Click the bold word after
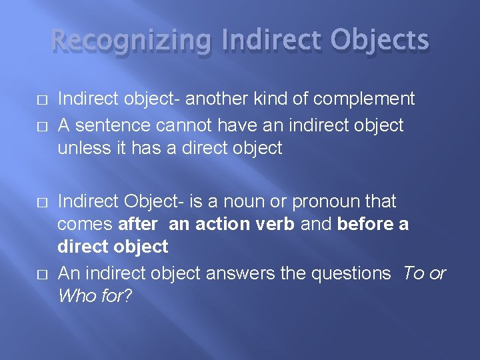137,224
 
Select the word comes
85,224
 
